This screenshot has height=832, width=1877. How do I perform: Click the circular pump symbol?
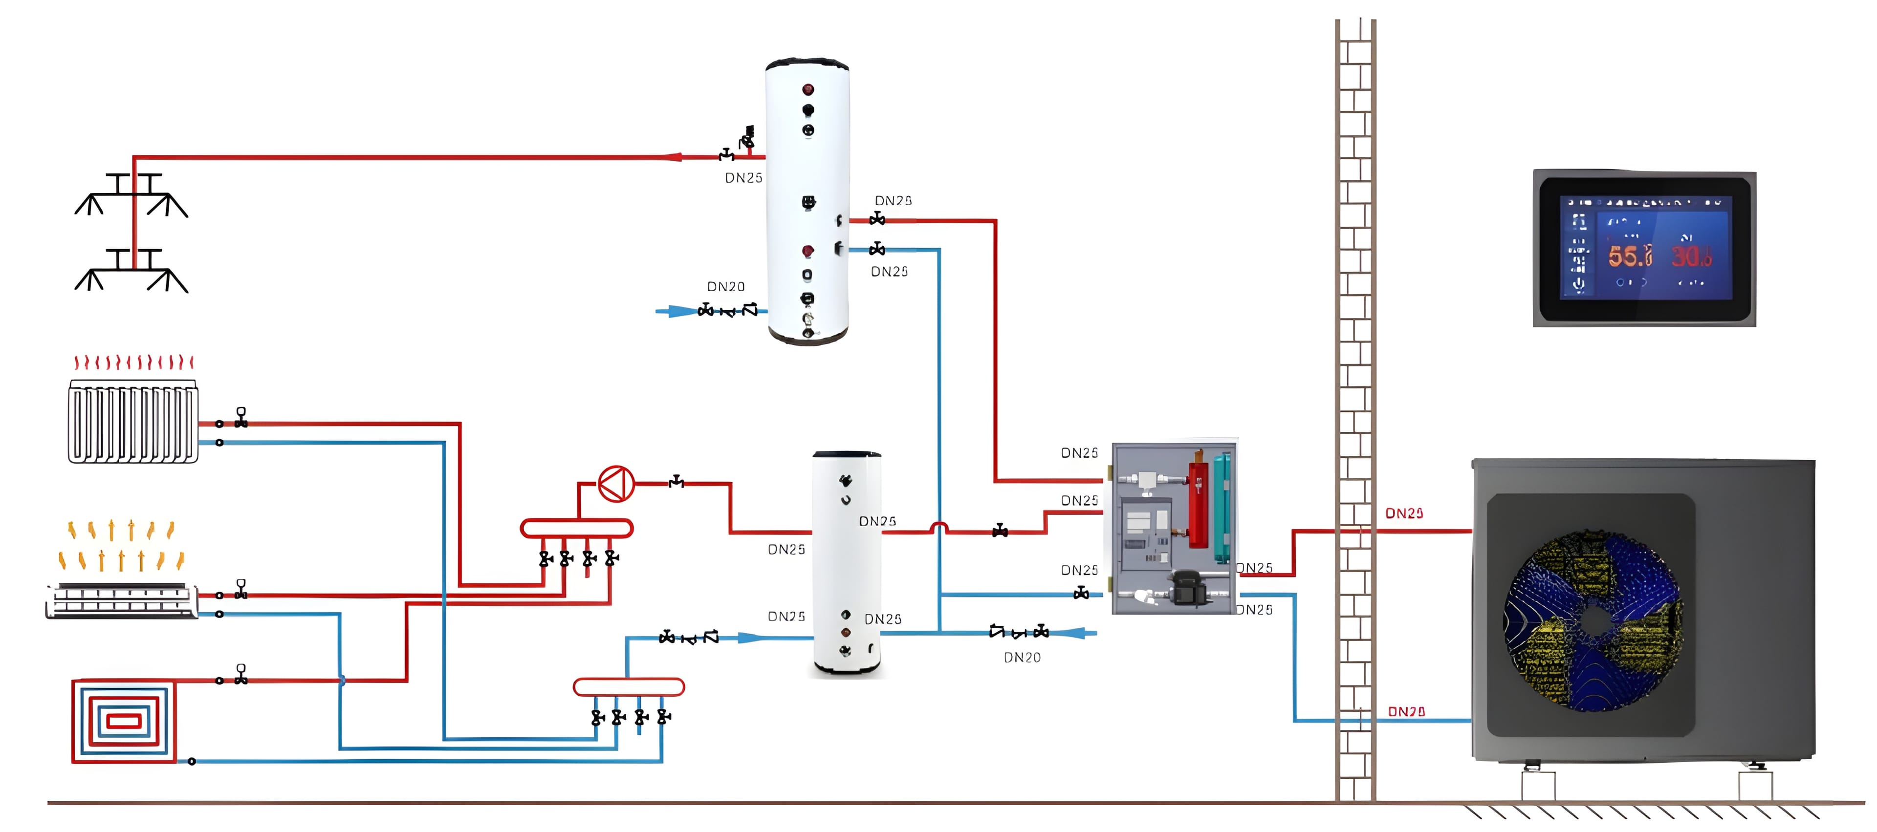616,484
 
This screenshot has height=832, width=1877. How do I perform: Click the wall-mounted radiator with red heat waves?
132,421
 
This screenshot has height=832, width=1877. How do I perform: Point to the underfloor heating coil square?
124,721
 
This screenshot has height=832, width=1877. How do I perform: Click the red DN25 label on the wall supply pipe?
1404,513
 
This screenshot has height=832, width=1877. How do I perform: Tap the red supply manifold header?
576,528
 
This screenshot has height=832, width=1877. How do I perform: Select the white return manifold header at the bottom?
629,687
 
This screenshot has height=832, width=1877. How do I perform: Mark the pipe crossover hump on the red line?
939,528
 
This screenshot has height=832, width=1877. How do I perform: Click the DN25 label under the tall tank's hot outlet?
743,178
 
